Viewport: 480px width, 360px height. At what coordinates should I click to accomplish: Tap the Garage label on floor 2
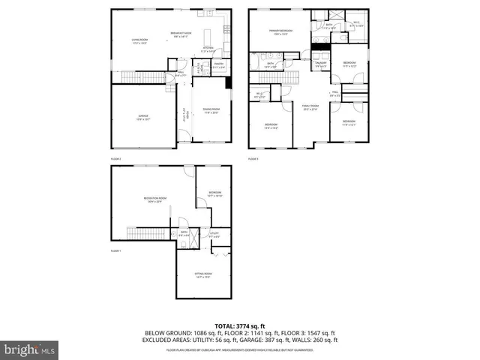pos(142,115)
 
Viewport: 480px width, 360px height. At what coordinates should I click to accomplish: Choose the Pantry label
pos(219,65)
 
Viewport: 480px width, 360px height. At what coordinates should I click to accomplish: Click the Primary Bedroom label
pos(282,31)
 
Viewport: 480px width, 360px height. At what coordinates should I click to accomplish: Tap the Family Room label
pos(310,107)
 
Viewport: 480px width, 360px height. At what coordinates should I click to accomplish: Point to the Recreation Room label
pos(155,199)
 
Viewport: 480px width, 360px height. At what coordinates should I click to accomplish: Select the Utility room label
pos(214,235)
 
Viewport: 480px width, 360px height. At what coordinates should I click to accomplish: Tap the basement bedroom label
pos(215,193)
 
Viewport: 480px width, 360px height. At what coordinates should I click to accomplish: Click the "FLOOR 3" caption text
pos(253,159)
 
